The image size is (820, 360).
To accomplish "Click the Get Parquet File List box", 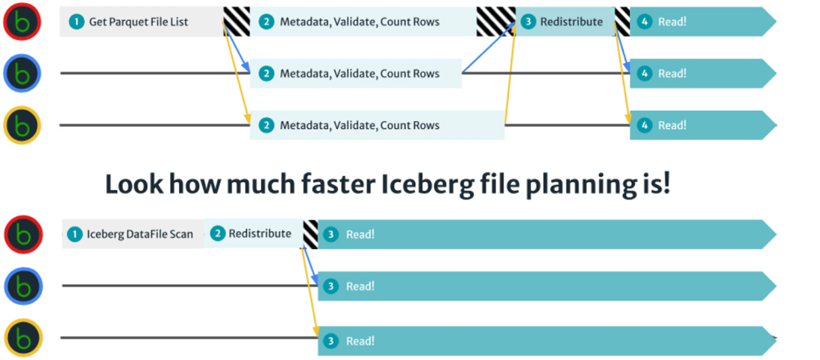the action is tap(142, 22).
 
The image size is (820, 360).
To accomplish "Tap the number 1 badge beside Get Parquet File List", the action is tap(76, 22).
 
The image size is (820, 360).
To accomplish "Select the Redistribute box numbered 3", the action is tap(565, 22).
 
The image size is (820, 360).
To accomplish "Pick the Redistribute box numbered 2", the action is tap(253, 234).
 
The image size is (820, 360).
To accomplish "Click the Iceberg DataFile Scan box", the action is tap(133, 234).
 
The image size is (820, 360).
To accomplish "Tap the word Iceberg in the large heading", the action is tap(428, 185).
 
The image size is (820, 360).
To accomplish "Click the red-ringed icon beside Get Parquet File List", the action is tap(22, 22).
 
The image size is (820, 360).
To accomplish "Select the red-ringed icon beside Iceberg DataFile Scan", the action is tap(23, 234).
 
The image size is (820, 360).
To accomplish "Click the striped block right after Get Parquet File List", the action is tap(237, 22).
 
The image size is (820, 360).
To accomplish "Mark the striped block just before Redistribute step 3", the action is tap(496, 22).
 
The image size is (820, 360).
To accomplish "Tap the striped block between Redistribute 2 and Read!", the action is tap(311, 234).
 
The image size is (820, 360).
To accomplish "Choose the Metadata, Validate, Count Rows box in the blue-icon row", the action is tap(356, 73).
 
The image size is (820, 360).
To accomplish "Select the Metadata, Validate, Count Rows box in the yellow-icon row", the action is tap(377, 125).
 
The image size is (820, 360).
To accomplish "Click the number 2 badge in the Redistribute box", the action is tap(218, 234).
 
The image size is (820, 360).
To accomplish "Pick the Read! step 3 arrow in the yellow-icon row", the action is tap(547, 341).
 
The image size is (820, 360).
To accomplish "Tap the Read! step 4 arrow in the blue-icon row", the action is tap(703, 73).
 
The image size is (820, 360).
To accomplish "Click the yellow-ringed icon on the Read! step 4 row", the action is tap(22, 125).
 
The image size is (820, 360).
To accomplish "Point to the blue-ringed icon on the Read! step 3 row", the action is tap(23, 286).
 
